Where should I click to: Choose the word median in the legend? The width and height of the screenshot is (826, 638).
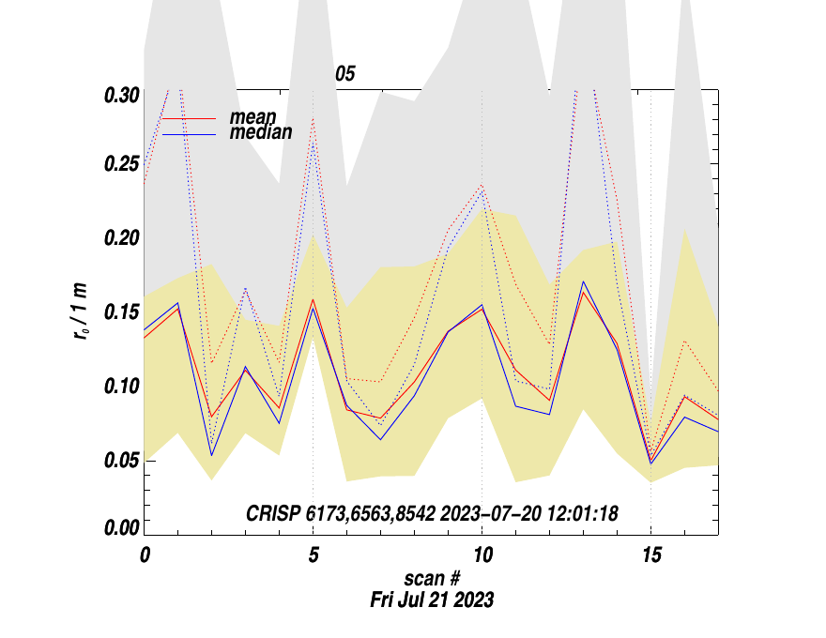(261, 133)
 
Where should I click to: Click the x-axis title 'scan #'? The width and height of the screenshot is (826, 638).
(431, 581)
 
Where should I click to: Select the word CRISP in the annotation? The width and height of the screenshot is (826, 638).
(273, 513)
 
